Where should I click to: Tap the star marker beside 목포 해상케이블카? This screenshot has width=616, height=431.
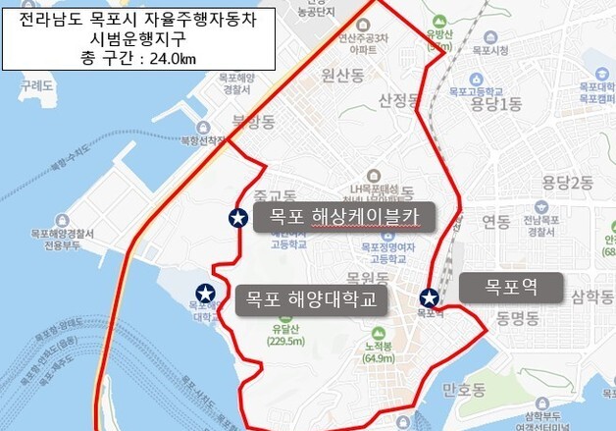click(x=237, y=218)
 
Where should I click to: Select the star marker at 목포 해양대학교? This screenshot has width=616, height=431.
click(x=206, y=293)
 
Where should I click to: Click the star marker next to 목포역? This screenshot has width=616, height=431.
click(x=430, y=297)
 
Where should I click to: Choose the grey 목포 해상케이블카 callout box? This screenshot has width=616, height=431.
click(x=342, y=217)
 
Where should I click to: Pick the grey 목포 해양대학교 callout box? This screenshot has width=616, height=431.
click(x=311, y=297)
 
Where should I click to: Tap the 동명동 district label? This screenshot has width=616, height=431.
click(x=518, y=318)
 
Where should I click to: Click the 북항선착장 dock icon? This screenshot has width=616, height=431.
click(x=202, y=128)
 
